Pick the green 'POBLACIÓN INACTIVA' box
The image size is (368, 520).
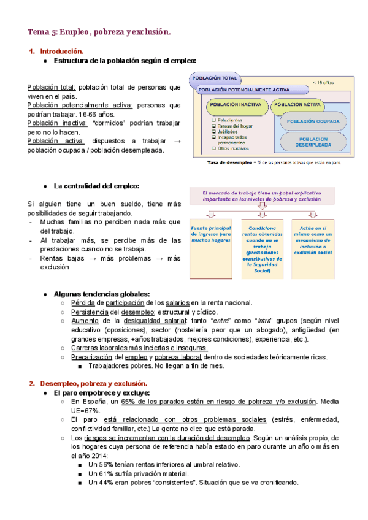(236, 105)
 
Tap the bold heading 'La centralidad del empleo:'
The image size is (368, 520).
(96, 186)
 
